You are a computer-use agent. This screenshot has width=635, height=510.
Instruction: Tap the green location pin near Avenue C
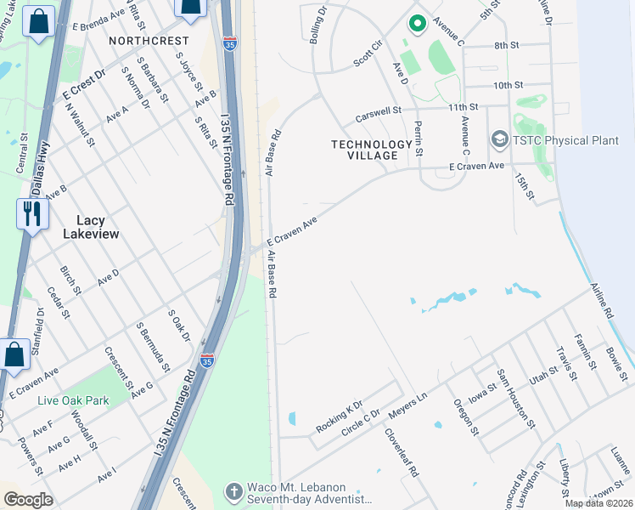coord(416,23)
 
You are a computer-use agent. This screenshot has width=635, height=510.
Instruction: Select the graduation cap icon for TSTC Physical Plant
coord(499,139)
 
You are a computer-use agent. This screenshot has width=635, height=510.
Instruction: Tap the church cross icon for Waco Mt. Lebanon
coord(233,491)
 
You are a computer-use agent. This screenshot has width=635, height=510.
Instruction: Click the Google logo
coord(28,500)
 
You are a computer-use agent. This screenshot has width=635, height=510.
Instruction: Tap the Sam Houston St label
coord(516,395)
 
